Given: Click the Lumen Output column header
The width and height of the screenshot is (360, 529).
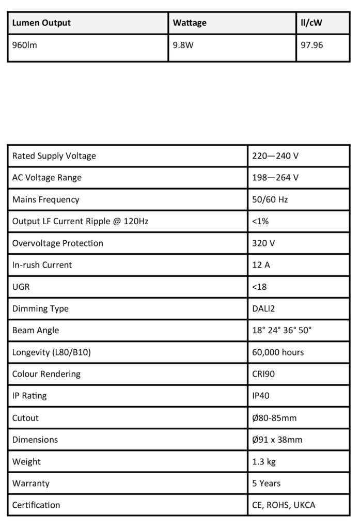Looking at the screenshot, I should click(x=41, y=23).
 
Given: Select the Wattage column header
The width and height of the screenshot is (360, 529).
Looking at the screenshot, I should click(x=190, y=23).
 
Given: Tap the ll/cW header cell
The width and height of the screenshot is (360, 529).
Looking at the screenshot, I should click(x=312, y=23).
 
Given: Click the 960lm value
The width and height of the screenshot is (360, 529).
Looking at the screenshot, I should click(x=24, y=45).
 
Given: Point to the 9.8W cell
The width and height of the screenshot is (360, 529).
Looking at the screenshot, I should click(x=183, y=45).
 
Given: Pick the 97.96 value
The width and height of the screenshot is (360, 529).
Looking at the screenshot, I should click(x=312, y=45).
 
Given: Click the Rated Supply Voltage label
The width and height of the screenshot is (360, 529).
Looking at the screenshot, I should click(x=54, y=155).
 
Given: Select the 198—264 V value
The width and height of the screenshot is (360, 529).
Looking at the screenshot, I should click(x=275, y=178).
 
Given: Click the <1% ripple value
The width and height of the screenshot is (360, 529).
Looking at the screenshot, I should click(x=260, y=221).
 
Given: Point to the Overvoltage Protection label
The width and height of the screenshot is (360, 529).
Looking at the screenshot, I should click(x=57, y=243).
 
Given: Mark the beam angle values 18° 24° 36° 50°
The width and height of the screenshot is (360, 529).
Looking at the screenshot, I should click(x=282, y=330).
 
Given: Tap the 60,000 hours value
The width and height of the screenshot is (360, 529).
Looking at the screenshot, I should click(x=278, y=352).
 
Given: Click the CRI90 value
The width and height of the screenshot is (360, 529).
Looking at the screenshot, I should click(x=263, y=374).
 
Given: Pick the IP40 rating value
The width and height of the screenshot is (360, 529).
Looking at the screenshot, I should click(x=261, y=396).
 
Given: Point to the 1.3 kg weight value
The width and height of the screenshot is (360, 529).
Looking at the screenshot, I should click(x=264, y=461).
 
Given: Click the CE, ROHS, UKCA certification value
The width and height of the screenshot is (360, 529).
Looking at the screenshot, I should click(x=284, y=505).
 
